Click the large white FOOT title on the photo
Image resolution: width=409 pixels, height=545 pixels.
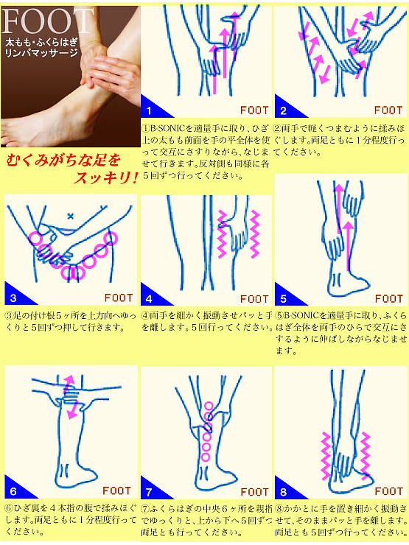coord(49,19)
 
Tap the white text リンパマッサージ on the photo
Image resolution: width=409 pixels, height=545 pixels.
coord(44,53)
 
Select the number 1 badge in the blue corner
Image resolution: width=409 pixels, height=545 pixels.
coord(149,111)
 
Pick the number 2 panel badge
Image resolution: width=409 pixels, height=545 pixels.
coord(282,111)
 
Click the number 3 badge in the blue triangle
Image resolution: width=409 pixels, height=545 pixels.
coord(13,298)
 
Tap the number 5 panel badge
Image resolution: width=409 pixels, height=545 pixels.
coord(282,298)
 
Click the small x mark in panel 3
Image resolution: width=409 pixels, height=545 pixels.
coord(71,216)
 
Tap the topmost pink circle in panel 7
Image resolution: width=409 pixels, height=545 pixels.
coord(209,406)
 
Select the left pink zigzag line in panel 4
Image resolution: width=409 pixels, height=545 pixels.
coord(223,232)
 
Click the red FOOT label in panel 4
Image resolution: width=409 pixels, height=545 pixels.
coord(254,299)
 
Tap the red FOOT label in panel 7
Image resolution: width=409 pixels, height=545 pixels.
coord(254,492)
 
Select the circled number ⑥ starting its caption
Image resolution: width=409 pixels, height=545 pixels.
coord(9,509)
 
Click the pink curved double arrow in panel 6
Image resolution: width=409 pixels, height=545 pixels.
coord(71,398)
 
